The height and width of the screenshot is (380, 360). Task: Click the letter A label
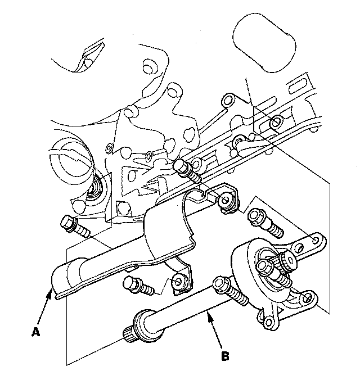[x=35, y=332]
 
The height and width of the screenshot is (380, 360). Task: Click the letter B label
[x=225, y=356]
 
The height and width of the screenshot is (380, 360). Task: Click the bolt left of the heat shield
[x=72, y=225]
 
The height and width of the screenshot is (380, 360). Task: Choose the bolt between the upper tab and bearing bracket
[x=262, y=220]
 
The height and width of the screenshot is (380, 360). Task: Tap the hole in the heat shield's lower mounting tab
[x=180, y=279]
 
